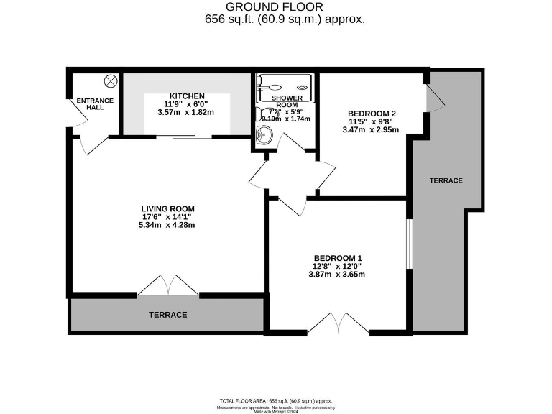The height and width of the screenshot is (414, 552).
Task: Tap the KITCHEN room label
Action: tap(187, 96)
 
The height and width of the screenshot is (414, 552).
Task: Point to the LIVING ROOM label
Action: tap(166, 208)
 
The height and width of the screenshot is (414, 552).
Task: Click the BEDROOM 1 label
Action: tap(337, 258)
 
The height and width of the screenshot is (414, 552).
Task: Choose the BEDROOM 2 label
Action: tap(372, 114)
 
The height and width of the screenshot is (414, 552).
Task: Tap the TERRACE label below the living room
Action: tap(167, 315)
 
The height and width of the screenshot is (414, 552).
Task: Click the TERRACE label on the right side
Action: tap(446, 180)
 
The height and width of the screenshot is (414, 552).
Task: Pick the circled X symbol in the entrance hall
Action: tap(111, 80)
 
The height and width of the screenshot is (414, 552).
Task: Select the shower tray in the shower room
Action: tap(286, 88)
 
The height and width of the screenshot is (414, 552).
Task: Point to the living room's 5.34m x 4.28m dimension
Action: tap(166, 225)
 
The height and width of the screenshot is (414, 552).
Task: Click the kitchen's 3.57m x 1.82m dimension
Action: tap(187, 113)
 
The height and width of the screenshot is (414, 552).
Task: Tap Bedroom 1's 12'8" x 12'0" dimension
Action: tap(337, 266)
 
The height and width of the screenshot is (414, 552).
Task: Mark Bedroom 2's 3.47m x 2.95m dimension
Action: tap(372, 129)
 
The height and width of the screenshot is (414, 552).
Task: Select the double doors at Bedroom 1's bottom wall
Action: tap(338, 323)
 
